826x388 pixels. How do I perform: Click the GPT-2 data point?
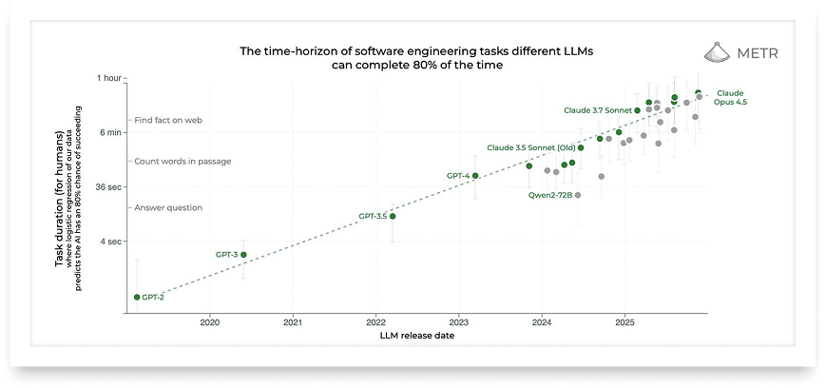click(x=137, y=297)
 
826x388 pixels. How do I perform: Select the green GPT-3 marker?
click(x=244, y=255)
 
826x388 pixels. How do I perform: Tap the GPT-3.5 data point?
click(x=393, y=216)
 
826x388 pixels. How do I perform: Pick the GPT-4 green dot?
click(x=475, y=176)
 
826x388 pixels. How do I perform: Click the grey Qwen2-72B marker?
click(x=578, y=195)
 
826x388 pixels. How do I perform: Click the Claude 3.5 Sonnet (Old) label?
click(x=530, y=147)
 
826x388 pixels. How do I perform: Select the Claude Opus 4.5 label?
click(x=730, y=98)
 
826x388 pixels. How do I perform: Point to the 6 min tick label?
click(x=110, y=132)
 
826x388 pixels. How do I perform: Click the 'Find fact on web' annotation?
click(x=168, y=120)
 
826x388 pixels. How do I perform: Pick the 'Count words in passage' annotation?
click(x=182, y=161)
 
